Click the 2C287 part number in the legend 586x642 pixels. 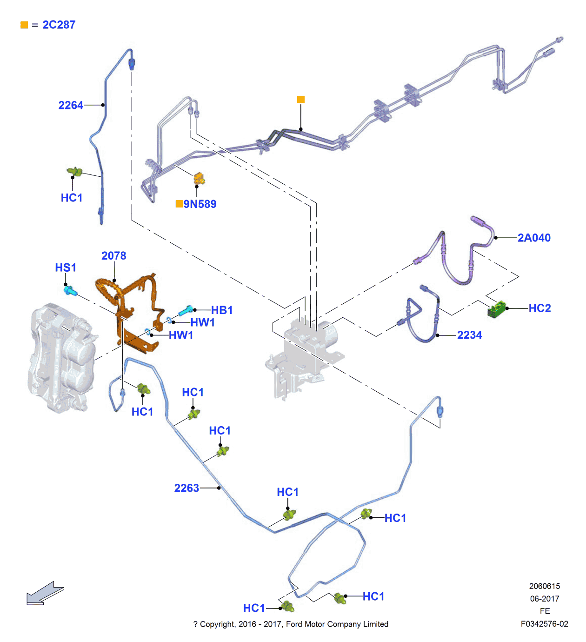[x=59, y=25]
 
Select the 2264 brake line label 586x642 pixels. [x=71, y=106]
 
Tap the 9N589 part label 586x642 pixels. [x=200, y=204]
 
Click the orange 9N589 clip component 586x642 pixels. [x=199, y=178]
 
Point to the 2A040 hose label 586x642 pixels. [x=534, y=238]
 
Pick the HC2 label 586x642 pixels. [x=539, y=308]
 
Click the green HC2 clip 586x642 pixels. [x=496, y=309]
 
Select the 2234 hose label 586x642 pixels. [x=469, y=335]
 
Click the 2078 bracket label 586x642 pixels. [x=114, y=256]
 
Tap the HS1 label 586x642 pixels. [x=66, y=268]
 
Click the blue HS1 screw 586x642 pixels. [x=70, y=291]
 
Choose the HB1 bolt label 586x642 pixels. [x=222, y=310]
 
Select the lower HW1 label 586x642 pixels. [x=181, y=335]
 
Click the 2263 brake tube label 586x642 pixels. [x=186, y=488]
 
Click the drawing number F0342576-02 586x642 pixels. [x=544, y=624]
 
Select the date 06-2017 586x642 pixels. [x=544, y=599]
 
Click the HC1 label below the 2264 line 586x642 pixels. [x=72, y=198]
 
